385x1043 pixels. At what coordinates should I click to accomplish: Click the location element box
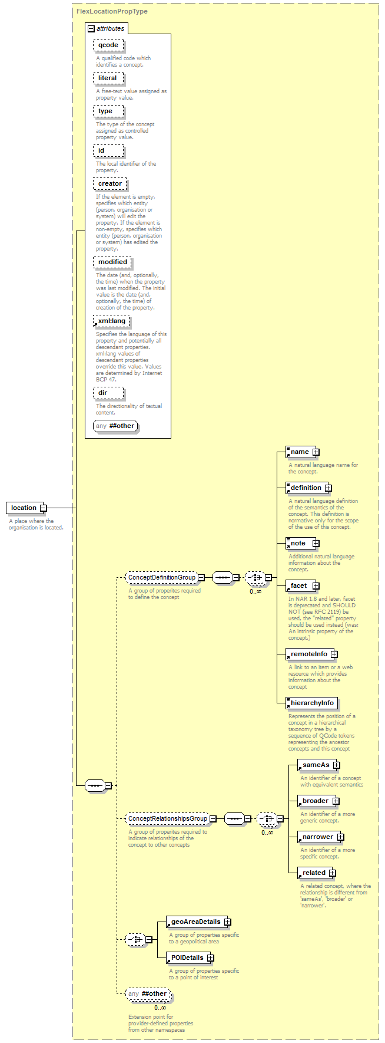point(24,508)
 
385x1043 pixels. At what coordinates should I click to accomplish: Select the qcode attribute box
point(108,45)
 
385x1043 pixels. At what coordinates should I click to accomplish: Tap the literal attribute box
point(108,78)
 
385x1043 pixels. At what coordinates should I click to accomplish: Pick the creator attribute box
point(110,183)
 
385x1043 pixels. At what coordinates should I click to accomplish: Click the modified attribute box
point(112,262)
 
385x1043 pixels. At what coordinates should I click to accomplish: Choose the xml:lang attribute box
point(111,321)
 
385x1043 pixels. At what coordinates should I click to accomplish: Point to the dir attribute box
point(108,393)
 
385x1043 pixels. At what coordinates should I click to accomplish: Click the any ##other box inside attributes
point(115,426)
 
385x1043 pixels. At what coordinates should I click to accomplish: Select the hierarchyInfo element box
point(311,703)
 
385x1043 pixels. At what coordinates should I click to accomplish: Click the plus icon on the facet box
point(316,585)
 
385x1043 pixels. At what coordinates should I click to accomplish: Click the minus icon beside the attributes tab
point(91,28)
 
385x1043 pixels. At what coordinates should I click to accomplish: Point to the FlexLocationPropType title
point(112,11)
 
